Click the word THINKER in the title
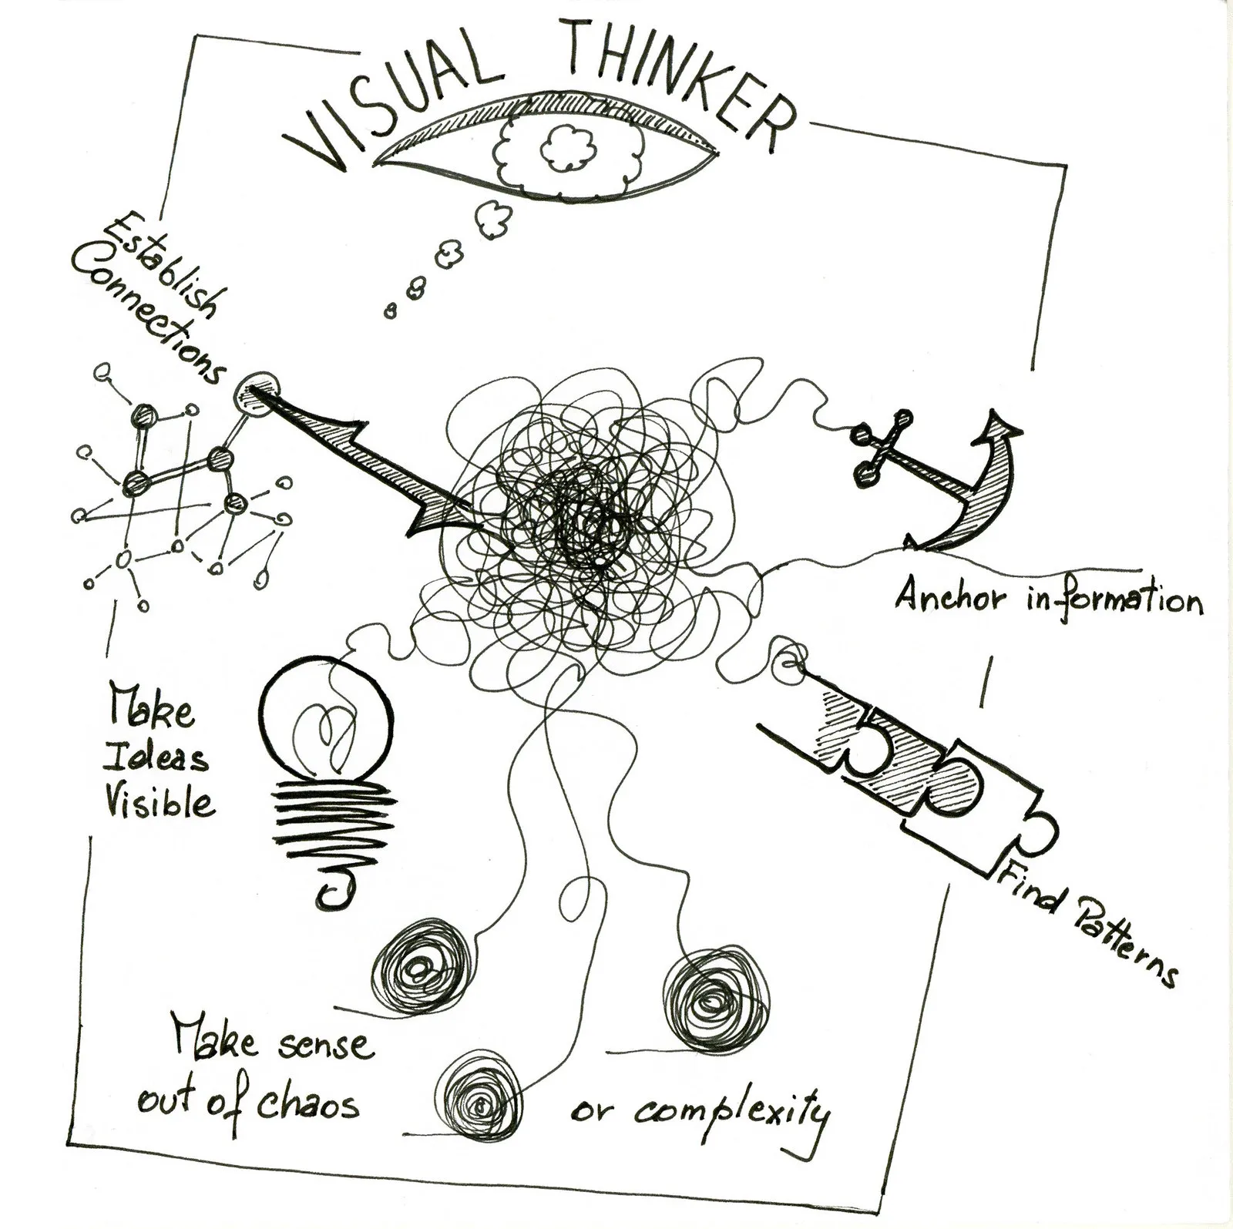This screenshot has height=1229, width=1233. (x=678, y=73)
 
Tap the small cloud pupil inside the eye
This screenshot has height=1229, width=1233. (x=568, y=146)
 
